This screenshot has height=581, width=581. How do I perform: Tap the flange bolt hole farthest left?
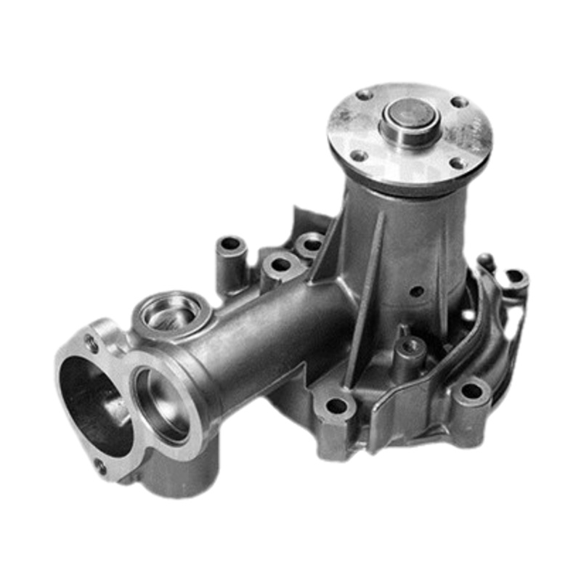pos(365,94)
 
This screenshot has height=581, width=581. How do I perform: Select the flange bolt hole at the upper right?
pos(460,102)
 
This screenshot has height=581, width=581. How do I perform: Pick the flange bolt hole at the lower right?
pos(458,163)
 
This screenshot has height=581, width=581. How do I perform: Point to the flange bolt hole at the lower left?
pos(359,155)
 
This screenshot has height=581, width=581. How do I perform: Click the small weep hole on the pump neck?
pos(417,292)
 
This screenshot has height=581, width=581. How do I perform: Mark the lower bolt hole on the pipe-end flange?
pos(100,466)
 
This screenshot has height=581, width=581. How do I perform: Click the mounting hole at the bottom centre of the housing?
pos(336,407)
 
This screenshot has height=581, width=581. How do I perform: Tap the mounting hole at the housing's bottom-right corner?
pos(471,391)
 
